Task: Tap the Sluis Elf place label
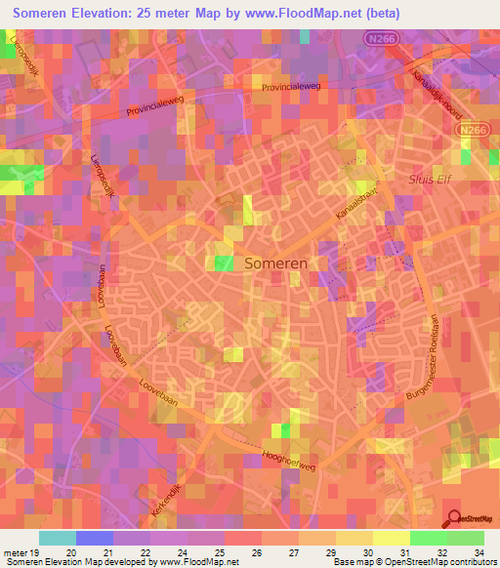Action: (x=429, y=179)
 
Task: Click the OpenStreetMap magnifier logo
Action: (x=454, y=518)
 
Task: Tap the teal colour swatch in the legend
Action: (x=58, y=538)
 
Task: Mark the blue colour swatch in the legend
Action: (x=95, y=538)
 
